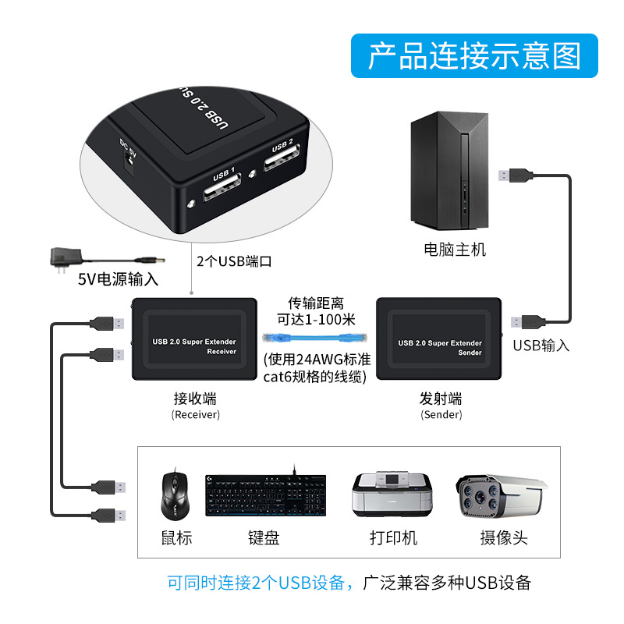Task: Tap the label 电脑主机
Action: coord(454,250)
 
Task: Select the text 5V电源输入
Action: coord(118,278)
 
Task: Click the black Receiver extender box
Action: coord(194,341)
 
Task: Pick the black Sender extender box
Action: coord(439,342)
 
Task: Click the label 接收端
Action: coord(195,398)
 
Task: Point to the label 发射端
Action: coord(441,398)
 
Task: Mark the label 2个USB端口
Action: coord(234,262)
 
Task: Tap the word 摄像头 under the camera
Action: coord(503,538)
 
